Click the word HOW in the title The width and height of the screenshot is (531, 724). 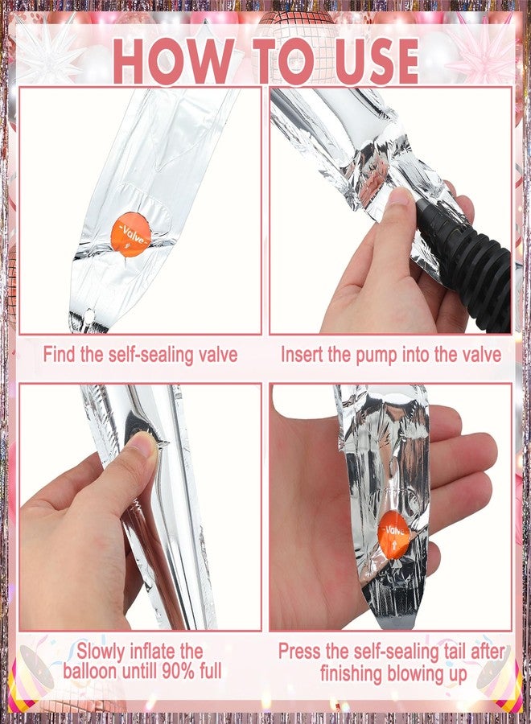coord(173,61)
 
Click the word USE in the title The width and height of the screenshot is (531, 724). coord(377,62)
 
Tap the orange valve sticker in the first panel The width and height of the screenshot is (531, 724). coord(131,234)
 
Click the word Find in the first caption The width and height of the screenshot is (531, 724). coord(60,354)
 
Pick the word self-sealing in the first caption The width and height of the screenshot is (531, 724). coord(150,355)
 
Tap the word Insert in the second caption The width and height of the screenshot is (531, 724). coord(302,355)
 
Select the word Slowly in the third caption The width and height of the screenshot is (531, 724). coord(101,651)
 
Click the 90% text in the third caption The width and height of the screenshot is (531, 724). coord(179,670)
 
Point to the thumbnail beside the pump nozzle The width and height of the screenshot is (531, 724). coord(399,198)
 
